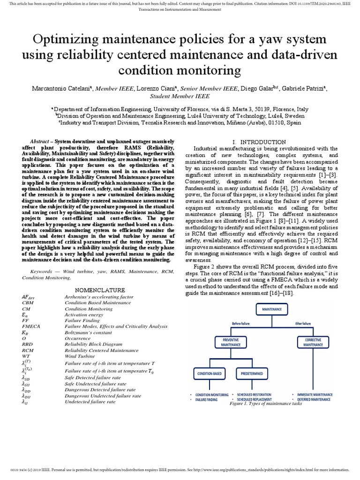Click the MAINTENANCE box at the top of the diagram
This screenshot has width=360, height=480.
click(272, 310)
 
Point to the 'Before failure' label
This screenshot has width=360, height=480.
click(241, 323)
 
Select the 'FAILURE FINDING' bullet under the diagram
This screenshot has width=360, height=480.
click(212, 399)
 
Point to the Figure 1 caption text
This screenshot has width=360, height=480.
click(265, 404)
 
